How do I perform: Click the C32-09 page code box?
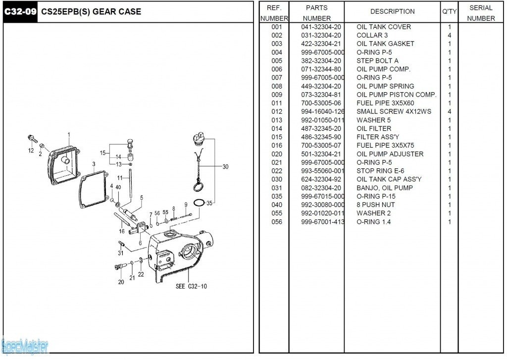[x=20, y=11]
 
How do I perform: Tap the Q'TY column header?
[x=449, y=11]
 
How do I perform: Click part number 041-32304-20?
[x=321, y=27]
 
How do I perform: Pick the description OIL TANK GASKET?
[x=385, y=44]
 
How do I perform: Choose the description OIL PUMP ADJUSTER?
[x=390, y=154]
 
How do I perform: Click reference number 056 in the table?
[x=277, y=222]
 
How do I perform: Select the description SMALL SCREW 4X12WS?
[x=394, y=111]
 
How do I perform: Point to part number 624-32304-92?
[x=321, y=179]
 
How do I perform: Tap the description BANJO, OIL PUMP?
[x=384, y=188]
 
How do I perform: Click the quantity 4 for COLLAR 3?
[x=449, y=35]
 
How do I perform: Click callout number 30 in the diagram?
[x=225, y=167]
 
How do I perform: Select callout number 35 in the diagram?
[x=209, y=203]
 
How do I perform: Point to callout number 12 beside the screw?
[x=31, y=151]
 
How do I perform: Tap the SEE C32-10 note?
[x=191, y=286]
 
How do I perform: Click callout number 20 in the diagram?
[x=121, y=282]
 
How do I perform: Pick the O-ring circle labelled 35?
[x=198, y=203]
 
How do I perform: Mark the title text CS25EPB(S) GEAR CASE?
[x=91, y=11]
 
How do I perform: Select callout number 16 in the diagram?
[x=121, y=231]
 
